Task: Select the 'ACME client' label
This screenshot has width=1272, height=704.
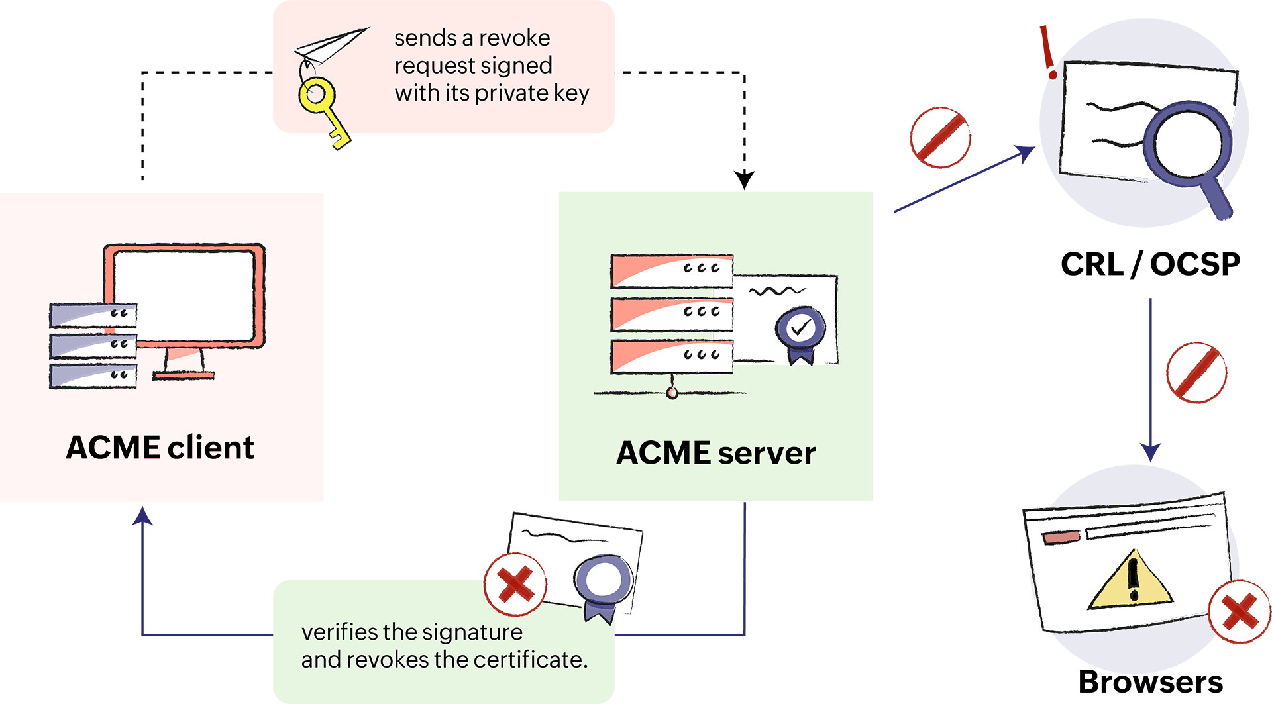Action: pyautogui.click(x=160, y=448)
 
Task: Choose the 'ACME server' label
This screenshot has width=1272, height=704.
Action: pyautogui.click(x=716, y=454)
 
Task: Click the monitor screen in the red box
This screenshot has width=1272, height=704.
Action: pyautogui.click(x=184, y=294)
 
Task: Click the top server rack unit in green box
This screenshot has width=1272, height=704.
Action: pyautogui.click(x=672, y=270)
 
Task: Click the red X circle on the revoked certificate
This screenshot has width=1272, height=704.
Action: pyautogui.click(x=515, y=584)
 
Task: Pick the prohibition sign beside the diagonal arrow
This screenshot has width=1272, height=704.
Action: pyautogui.click(x=940, y=138)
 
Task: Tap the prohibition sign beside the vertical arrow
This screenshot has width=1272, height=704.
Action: pyautogui.click(x=1196, y=372)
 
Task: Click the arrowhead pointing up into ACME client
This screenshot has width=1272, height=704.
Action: pyautogui.click(x=142, y=515)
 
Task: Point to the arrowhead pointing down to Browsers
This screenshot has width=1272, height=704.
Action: pyautogui.click(x=1151, y=453)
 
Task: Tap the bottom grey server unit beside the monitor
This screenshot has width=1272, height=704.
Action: pyautogui.click(x=93, y=376)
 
